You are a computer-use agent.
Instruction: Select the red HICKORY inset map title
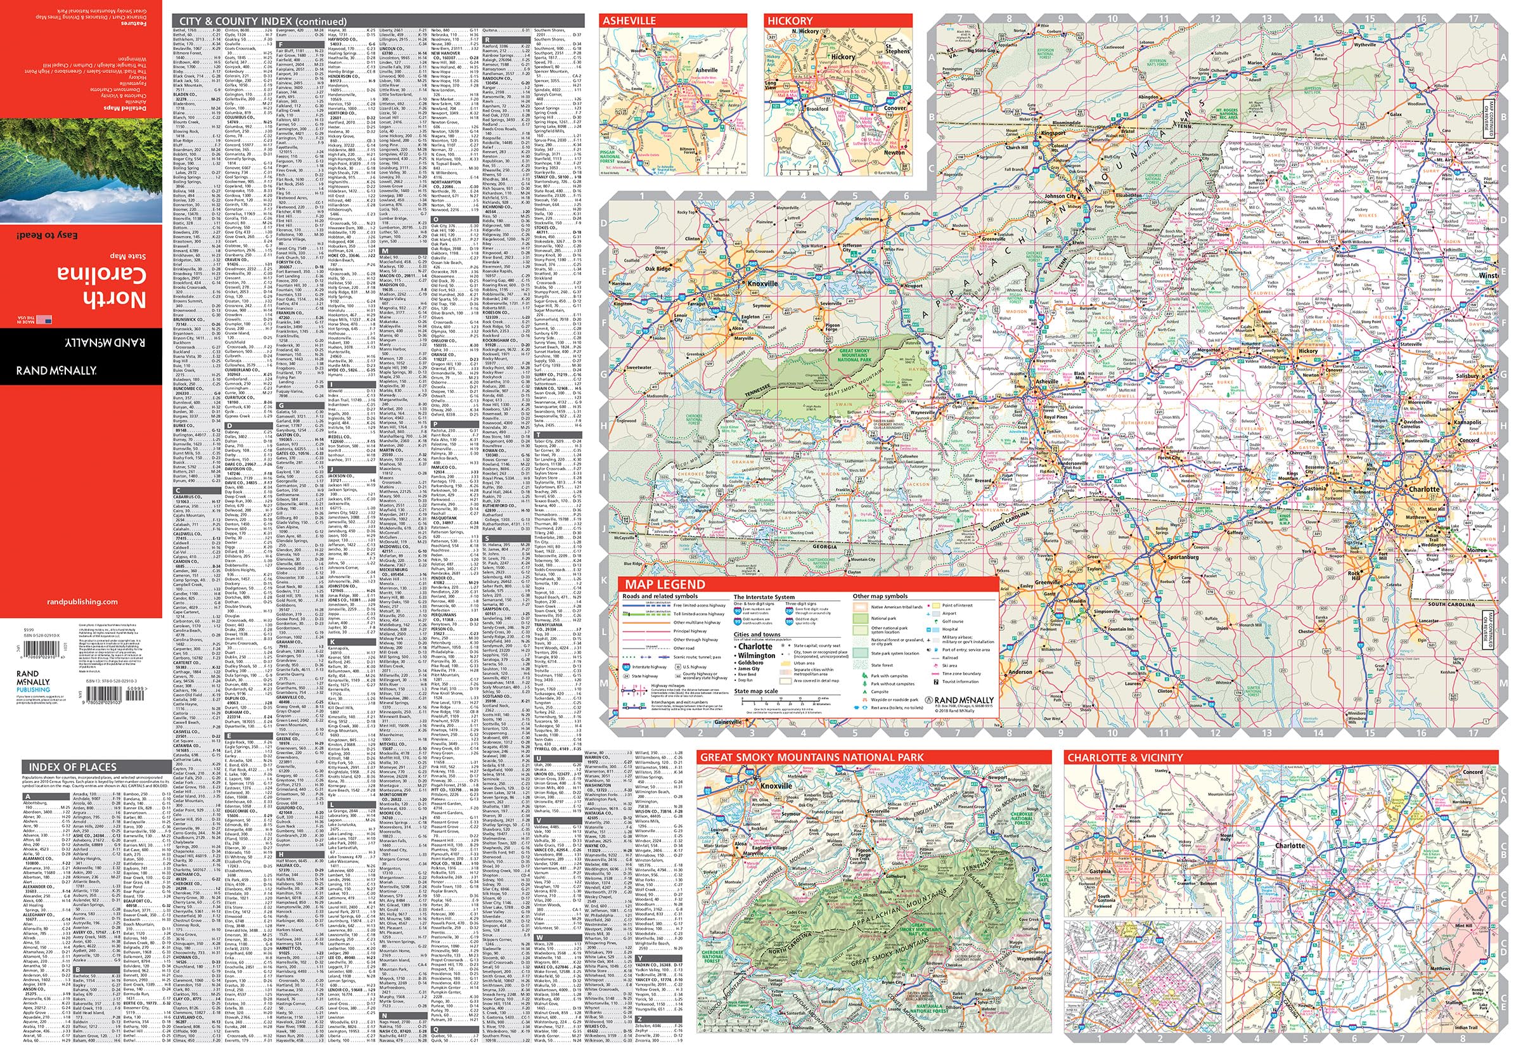click(790, 20)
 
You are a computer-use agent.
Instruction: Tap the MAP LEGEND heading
click(665, 584)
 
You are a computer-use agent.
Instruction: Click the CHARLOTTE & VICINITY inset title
click(1134, 758)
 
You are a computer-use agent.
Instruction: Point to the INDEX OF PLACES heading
click(72, 766)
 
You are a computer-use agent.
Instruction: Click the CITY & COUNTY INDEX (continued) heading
click(263, 21)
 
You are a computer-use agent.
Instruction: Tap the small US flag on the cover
click(45, 320)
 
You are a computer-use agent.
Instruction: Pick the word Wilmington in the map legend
click(757, 656)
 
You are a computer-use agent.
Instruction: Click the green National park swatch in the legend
click(861, 619)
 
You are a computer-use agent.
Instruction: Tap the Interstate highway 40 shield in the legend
click(627, 667)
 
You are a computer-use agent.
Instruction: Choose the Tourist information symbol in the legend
click(937, 682)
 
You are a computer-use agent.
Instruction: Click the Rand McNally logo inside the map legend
click(960, 700)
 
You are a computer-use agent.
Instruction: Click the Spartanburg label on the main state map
click(1183, 557)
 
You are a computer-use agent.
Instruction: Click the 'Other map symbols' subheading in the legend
click(880, 597)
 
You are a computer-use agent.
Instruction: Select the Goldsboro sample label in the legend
click(751, 663)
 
